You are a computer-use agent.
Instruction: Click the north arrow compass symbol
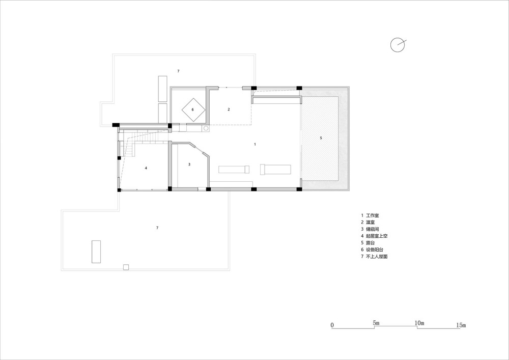398,45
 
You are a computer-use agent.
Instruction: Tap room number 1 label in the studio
255,144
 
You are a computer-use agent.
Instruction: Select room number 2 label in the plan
229,109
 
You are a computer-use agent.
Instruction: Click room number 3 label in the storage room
189,164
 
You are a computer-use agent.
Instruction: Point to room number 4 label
146,168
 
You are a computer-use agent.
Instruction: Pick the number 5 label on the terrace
321,138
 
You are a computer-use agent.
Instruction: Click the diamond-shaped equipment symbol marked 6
193,109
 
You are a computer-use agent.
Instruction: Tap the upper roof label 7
178,71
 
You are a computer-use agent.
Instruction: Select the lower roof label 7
157,228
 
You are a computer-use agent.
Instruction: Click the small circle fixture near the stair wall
206,128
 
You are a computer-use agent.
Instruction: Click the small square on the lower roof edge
126,267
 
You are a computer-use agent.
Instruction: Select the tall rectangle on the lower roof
96,252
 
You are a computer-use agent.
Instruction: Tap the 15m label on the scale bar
461,325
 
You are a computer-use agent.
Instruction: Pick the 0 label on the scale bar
332,325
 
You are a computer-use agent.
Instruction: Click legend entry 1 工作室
370,215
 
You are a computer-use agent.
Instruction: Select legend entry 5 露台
368,242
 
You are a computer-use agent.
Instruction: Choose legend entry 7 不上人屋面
374,257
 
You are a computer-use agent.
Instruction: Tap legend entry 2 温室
368,223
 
